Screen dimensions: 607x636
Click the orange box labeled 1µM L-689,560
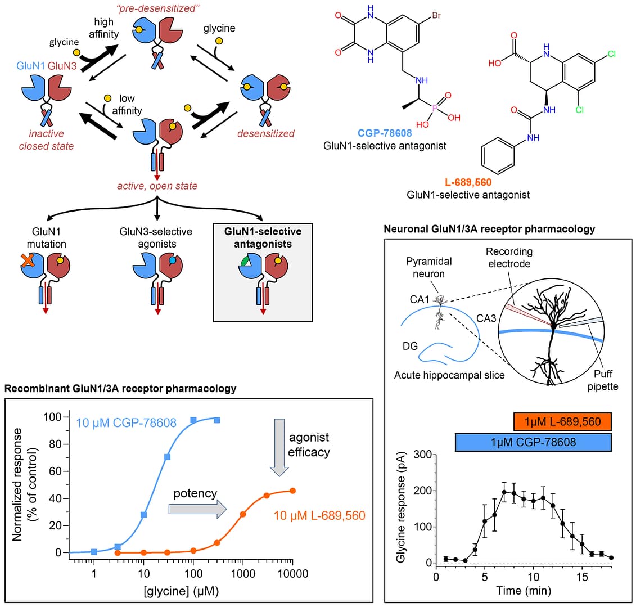pos(562,422)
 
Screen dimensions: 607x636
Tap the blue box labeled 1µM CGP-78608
pos(533,442)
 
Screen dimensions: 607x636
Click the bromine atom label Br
pos(436,16)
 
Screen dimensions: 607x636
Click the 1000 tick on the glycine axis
pos(243,574)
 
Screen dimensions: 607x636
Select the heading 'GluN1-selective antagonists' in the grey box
pos(263,237)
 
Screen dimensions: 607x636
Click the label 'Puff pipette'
pos(603,380)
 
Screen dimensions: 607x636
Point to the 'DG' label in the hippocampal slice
pos(410,346)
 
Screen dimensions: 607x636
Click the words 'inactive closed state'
pos(46,140)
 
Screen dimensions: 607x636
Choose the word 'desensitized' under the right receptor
pos(266,134)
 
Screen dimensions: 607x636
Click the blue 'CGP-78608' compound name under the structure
pos(385,133)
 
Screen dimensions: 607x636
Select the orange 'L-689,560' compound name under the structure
pos(468,183)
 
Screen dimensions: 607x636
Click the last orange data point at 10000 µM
pos(292,491)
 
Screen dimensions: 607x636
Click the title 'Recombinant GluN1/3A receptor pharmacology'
pos(120,389)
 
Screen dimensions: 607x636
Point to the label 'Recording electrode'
pos(508,257)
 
